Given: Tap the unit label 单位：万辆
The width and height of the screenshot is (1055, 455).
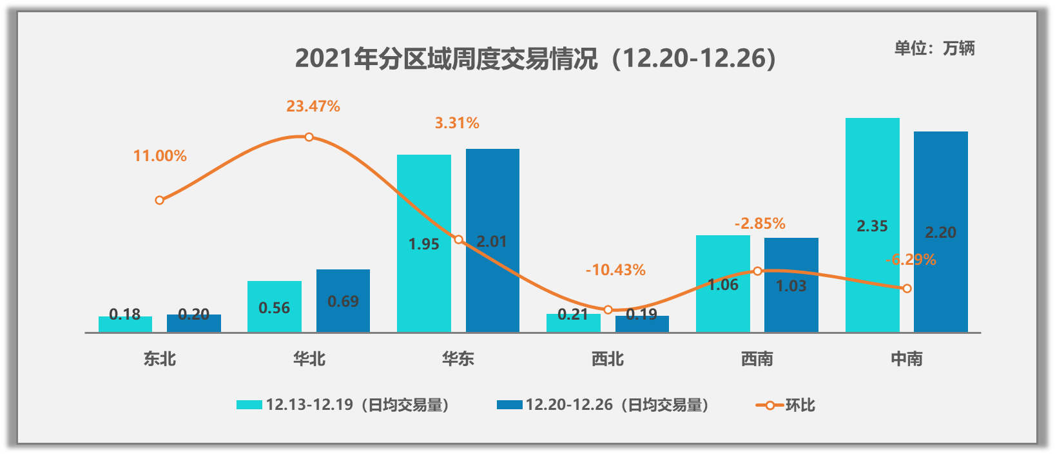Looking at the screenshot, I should [934, 48].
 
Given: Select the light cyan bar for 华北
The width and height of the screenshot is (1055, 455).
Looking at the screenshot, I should [275, 307].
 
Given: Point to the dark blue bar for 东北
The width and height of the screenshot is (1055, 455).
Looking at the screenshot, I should [193, 323].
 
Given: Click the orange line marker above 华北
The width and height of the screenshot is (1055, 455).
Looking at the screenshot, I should [309, 137].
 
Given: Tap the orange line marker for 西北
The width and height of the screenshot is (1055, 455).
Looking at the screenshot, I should [608, 310].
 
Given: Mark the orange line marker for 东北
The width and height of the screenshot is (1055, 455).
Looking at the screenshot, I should [160, 200].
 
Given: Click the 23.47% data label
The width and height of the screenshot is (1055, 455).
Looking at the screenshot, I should [313, 106].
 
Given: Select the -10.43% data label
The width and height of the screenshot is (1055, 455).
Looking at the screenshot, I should [615, 270].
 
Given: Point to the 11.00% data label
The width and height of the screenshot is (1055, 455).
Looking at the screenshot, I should [160, 156].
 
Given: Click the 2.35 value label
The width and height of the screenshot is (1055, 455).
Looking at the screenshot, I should [872, 226].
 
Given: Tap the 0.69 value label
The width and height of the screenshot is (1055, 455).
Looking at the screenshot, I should [343, 302].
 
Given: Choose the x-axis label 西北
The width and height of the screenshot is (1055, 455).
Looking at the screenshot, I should [608, 359].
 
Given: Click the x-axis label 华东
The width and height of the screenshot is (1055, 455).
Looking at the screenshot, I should [458, 359].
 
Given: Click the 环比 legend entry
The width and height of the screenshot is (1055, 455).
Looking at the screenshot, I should [786, 405].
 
